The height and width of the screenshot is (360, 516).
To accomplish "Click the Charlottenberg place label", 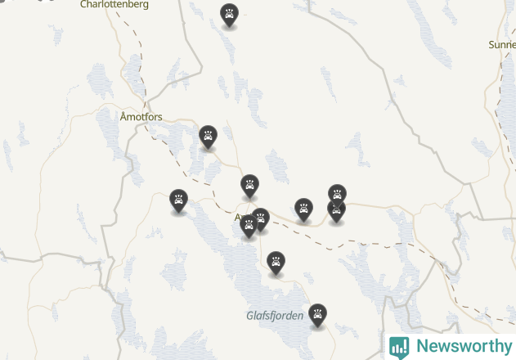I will [x=114, y=5].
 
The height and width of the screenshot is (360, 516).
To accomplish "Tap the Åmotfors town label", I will [x=141, y=117].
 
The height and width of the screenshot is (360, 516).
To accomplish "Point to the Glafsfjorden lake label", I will [x=275, y=315].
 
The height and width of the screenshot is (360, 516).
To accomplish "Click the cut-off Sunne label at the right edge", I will [x=501, y=44].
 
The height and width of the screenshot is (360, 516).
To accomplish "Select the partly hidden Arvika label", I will [x=240, y=218].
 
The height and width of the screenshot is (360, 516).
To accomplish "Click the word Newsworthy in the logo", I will [x=463, y=346].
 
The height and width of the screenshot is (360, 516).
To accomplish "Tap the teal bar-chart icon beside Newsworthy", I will [x=399, y=347].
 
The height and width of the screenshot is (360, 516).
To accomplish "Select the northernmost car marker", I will [x=229, y=14].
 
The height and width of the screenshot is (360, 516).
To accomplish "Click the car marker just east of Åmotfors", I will [x=209, y=136].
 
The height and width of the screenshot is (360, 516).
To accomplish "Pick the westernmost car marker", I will [x=178, y=200].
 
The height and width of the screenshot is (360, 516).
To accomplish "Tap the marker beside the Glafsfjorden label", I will [x=317, y=313].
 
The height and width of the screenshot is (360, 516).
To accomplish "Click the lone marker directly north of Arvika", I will [x=249, y=185].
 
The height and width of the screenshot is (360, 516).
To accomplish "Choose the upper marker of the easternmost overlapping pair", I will [x=337, y=194].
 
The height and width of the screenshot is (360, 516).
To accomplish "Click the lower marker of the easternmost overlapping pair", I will [x=336, y=209].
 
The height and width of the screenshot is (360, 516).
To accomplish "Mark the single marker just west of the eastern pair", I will [x=303, y=208].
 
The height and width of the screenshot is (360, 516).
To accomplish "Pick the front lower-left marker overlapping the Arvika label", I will [x=249, y=226].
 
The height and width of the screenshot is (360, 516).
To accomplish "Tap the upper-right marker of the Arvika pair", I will [x=260, y=218].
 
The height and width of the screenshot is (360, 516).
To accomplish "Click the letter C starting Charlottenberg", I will [x=83, y=5].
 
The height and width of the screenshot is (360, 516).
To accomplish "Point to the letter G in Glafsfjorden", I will [x=250, y=315].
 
